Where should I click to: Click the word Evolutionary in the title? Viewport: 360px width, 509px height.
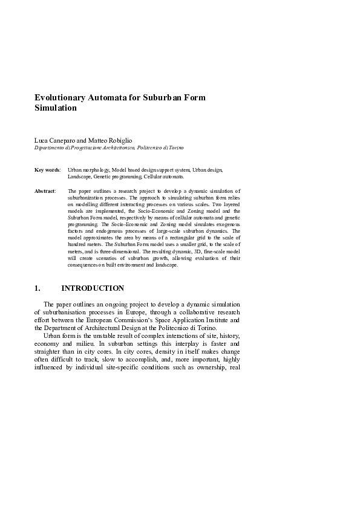[x=62, y=97]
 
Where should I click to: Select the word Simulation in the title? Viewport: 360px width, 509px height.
[x=56, y=108]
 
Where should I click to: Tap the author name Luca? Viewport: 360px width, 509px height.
[x=41, y=140]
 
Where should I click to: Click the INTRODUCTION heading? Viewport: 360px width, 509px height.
[x=93, y=288]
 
